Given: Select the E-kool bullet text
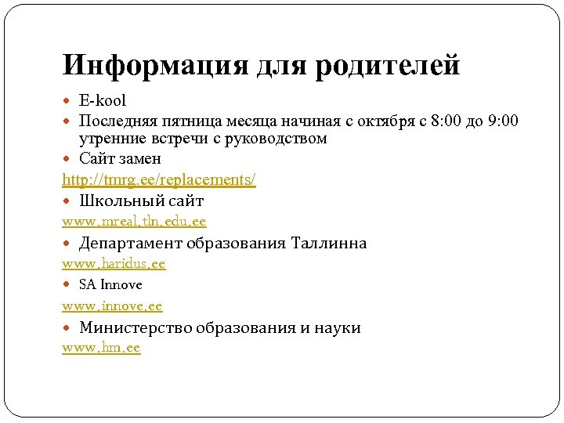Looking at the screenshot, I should coord(103,101).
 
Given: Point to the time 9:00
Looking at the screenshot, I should coord(499,121).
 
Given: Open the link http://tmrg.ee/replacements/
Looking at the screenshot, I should coord(159,179).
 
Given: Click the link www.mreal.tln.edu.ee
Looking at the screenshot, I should coord(134,222).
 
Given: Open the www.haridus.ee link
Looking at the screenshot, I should coord(114,264).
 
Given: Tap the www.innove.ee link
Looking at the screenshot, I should coord(112,306).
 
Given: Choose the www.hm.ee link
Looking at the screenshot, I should coord(101,348).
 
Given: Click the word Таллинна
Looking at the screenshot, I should coord(328,243).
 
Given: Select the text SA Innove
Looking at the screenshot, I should coord(110,285).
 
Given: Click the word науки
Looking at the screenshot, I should coord(338,327).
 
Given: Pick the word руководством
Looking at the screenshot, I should coord(278,139).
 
